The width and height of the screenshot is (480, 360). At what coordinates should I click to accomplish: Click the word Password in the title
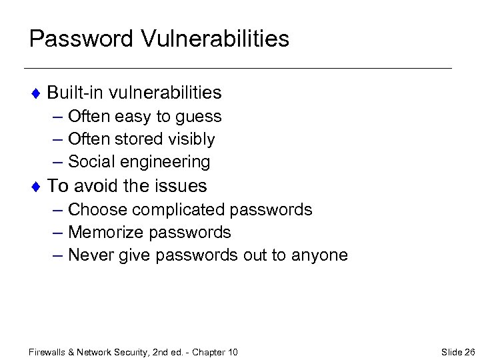tap(81, 39)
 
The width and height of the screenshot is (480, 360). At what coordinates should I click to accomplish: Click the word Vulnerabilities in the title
tap(215, 39)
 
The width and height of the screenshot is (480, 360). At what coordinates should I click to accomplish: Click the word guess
tap(199, 117)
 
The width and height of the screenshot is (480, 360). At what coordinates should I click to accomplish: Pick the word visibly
tap(191, 139)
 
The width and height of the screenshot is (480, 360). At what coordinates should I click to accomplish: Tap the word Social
tap(91, 162)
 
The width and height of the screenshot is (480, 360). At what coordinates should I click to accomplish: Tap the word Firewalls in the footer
tap(49, 351)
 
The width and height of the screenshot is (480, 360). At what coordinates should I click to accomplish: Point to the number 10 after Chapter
tap(232, 351)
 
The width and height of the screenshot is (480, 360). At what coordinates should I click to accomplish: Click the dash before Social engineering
tap(58, 162)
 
